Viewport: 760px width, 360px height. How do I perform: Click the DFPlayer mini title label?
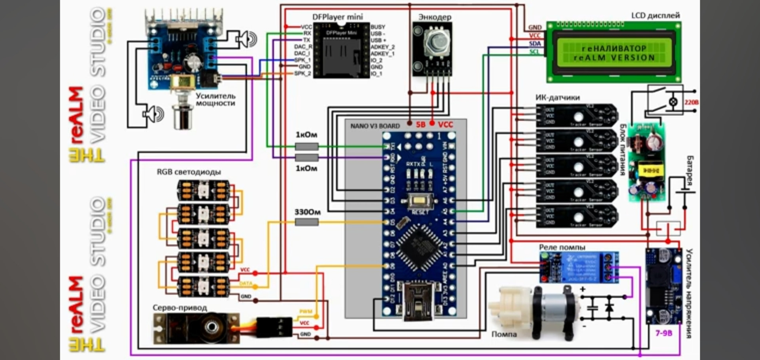337,17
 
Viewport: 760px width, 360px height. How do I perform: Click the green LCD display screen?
614,53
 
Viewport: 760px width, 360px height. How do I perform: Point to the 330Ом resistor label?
307,212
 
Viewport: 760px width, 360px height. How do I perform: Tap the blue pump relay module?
579,267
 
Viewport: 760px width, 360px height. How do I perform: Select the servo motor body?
197,328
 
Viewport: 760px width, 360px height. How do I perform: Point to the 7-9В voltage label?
664,333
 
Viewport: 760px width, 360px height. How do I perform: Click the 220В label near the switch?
692,102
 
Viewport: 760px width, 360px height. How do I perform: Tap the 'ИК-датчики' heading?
557,97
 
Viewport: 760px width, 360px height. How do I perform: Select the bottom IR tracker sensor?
576,216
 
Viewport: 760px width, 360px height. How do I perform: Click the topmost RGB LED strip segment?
203,190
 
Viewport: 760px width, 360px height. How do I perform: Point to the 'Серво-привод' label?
180,308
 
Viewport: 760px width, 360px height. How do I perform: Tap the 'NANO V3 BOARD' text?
375,126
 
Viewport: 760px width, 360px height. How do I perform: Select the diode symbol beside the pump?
610,307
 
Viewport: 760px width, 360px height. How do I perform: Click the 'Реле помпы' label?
562,247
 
